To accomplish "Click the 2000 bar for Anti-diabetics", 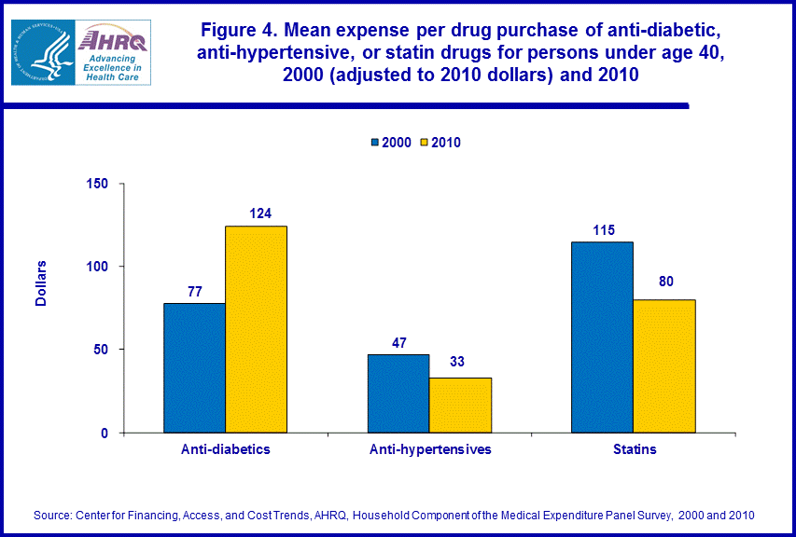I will click(x=194, y=367).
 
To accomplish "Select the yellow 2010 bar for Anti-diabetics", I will click(x=256, y=329).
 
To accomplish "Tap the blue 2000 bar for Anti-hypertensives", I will click(x=398, y=393).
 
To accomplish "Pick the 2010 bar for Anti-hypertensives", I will click(x=460, y=405).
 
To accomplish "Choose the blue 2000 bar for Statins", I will click(x=603, y=337).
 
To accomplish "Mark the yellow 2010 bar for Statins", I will click(x=664, y=366).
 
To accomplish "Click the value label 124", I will click(x=260, y=213).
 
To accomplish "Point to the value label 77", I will click(x=194, y=291).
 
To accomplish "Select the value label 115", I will click(x=603, y=229).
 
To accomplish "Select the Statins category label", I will click(x=634, y=449).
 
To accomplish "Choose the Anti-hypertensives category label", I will click(x=430, y=449).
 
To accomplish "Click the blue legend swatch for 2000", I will click(x=375, y=143).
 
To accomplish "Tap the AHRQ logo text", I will click(x=111, y=40).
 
